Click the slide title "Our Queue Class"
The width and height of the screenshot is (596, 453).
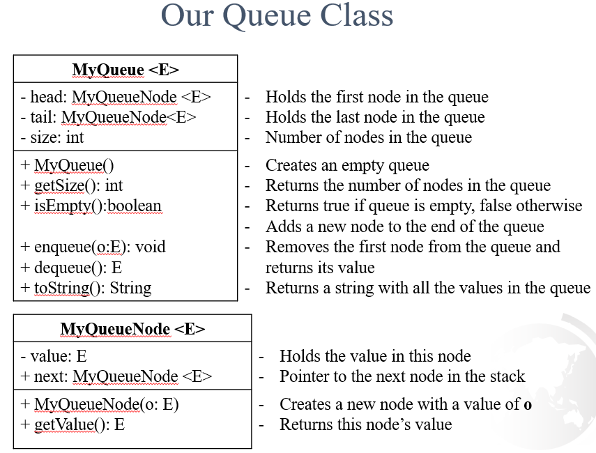point(277,16)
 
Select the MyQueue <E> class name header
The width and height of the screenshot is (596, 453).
point(125,70)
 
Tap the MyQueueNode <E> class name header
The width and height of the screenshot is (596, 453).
point(132,329)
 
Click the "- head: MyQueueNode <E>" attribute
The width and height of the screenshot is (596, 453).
point(116,97)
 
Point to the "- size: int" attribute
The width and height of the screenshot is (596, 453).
point(52,137)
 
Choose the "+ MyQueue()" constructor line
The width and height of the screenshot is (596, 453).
point(67,165)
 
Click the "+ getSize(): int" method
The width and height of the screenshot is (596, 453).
point(72,185)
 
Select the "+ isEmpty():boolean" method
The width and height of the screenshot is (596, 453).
point(91,206)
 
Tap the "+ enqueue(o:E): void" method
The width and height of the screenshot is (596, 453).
point(93,247)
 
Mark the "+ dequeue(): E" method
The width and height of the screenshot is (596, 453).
point(71,268)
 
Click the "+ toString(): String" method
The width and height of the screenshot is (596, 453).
point(86,288)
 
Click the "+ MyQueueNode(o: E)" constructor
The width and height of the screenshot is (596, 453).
point(100,404)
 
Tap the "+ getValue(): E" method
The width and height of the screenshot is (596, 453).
point(72,424)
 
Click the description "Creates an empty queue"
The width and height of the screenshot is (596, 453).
point(347,165)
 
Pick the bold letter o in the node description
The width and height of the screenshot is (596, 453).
point(528,404)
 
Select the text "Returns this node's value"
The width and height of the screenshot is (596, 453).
point(365,424)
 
